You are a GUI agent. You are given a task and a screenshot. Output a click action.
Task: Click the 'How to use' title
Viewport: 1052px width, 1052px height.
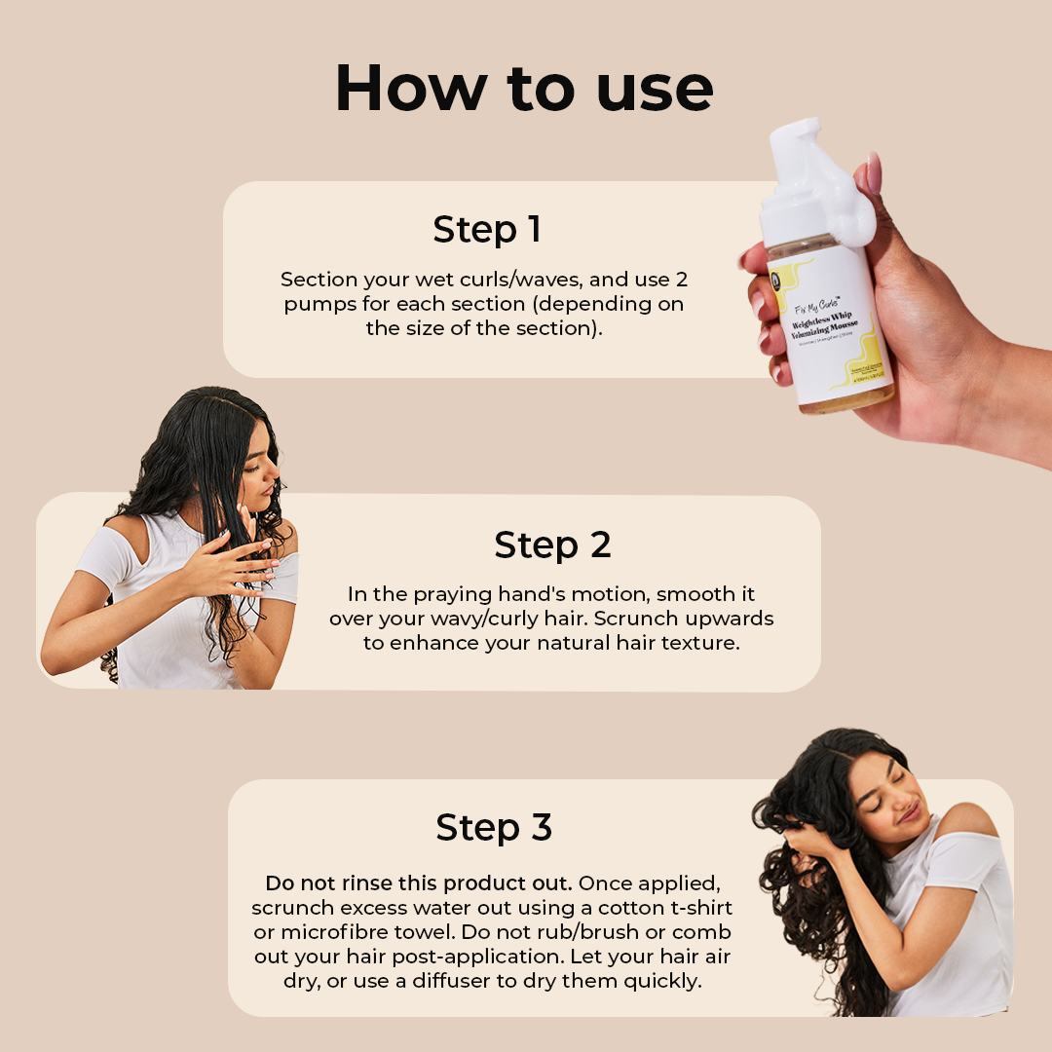tap(524, 89)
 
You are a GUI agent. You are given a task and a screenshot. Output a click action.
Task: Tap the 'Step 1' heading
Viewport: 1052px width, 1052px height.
tap(486, 230)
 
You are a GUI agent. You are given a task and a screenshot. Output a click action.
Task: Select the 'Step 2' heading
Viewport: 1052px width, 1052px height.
tap(552, 545)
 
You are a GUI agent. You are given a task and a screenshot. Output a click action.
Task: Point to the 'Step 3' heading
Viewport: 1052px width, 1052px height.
tap(494, 827)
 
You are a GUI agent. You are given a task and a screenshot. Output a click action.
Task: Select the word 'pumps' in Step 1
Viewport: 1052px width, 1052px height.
tap(313, 304)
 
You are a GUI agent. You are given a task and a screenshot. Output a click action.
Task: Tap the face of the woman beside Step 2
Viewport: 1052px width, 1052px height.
tap(261, 466)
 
